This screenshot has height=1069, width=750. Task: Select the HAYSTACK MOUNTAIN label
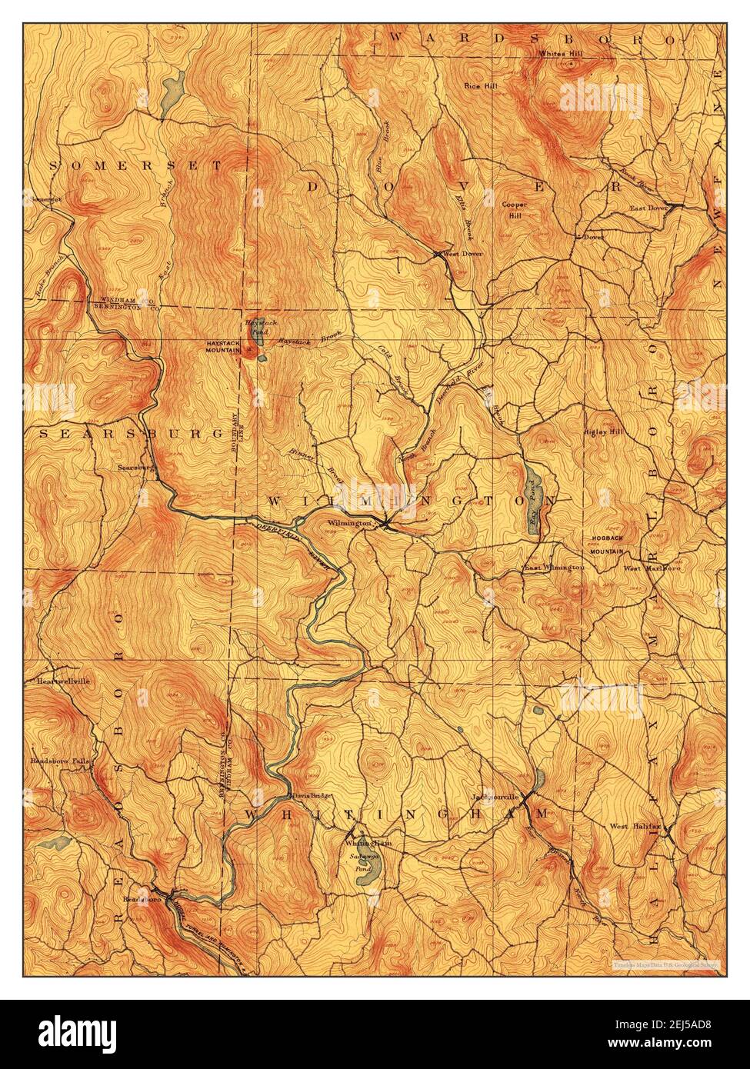223,346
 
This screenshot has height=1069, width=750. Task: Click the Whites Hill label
562,54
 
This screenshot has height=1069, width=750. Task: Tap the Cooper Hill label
513,210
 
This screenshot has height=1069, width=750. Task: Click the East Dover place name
648,208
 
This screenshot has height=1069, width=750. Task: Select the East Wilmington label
554,568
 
